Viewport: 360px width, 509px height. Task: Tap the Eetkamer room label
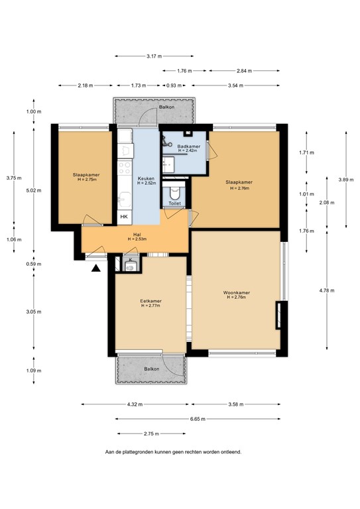pyautogui.click(x=150, y=301)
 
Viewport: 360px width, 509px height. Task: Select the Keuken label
pyautogui.click(x=146, y=178)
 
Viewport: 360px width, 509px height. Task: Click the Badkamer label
pyautogui.click(x=188, y=146)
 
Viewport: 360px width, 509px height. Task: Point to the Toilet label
pyautogui.click(x=174, y=204)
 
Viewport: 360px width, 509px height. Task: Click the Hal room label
pyautogui.click(x=137, y=234)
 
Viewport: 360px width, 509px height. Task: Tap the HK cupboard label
pyautogui.click(x=123, y=216)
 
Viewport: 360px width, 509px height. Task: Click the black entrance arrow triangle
pyautogui.click(x=96, y=268)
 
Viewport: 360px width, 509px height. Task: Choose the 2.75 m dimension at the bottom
pyautogui.click(x=150, y=433)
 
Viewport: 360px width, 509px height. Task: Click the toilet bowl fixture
pyautogui.click(x=174, y=193)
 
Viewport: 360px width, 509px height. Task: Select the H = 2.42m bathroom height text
pyautogui.click(x=188, y=151)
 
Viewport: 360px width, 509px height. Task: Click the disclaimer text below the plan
pyautogui.click(x=173, y=452)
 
